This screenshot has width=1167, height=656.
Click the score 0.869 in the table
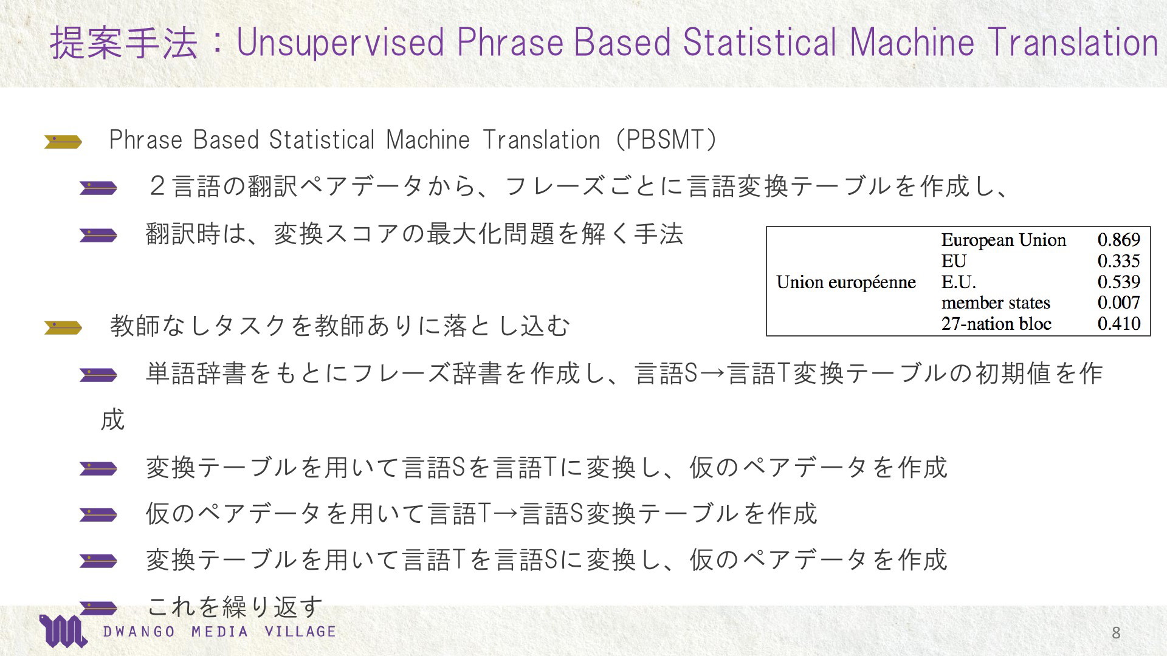[x=1118, y=240]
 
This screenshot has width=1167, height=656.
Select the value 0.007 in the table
[x=1118, y=302]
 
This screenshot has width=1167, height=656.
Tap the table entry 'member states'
[x=996, y=302]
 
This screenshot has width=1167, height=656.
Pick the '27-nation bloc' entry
[x=996, y=324]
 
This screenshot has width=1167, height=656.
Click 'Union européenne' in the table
[x=846, y=282]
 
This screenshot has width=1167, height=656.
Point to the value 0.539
[x=1118, y=282]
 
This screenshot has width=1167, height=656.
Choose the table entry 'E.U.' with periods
[x=959, y=282]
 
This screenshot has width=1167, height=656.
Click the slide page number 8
[x=1116, y=633]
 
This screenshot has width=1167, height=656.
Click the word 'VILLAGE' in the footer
[x=300, y=632]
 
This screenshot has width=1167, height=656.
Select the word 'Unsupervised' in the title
[x=340, y=43]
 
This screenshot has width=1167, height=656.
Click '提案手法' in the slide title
[x=124, y=43]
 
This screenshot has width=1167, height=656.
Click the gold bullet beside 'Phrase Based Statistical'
[x=63, y=142]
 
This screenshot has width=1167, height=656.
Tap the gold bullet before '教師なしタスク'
[x=63, y=328]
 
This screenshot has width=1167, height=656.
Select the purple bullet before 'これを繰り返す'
[x=98, y=607]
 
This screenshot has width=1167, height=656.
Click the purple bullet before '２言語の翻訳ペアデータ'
[x=98, y=188]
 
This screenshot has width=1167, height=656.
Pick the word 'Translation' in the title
[x=1073, y=43]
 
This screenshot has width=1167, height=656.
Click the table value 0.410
[x=1118, y=324]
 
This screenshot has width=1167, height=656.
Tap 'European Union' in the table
[x=1003, y=240]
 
